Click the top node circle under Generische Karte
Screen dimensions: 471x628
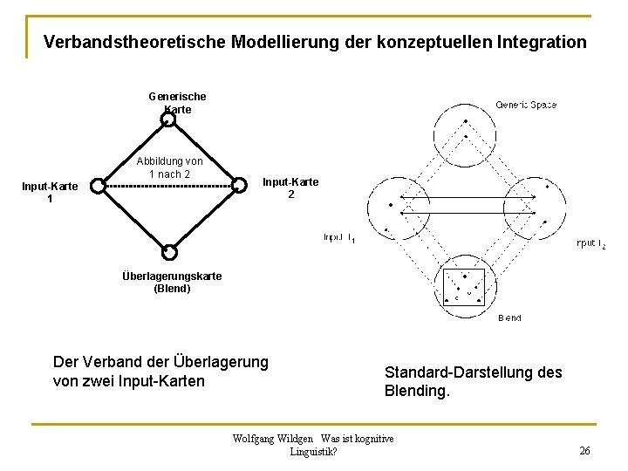coord(169,119)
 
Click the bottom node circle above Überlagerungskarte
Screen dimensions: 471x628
coord(169,252)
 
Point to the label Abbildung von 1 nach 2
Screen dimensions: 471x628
coord(169,167)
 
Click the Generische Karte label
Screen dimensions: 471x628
coord(177,103)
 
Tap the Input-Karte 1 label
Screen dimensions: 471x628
coord(50,192)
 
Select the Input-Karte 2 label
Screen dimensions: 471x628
coord(290,188)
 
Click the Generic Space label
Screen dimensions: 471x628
coord(526,105)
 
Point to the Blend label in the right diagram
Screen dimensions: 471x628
coord(509,318)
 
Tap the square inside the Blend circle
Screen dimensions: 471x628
coord(464,285)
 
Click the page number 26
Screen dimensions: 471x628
coord(584,450)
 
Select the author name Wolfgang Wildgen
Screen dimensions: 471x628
coord(271,438)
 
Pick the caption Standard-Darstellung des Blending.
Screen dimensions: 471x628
coord(473,382)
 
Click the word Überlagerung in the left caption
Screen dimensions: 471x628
coord(222,361)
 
